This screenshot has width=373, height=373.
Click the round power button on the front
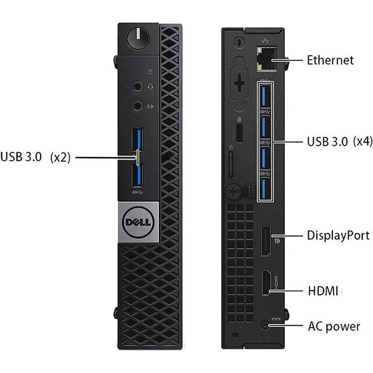138,38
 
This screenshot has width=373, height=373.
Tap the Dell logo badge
138,222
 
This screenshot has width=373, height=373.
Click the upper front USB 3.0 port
138,139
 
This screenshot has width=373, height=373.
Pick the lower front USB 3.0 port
138,175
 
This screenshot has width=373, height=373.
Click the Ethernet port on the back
267,59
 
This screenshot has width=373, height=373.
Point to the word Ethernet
330,60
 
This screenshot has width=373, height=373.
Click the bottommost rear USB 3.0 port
265,189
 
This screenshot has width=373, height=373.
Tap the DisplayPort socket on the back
266,241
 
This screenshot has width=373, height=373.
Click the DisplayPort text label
338,235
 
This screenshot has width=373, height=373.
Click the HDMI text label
323,291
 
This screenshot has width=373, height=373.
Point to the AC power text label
334,326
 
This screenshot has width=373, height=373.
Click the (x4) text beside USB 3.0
363,141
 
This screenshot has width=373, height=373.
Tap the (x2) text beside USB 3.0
60,157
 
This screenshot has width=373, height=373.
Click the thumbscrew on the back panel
233,191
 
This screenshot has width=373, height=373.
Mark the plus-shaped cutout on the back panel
239,83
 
